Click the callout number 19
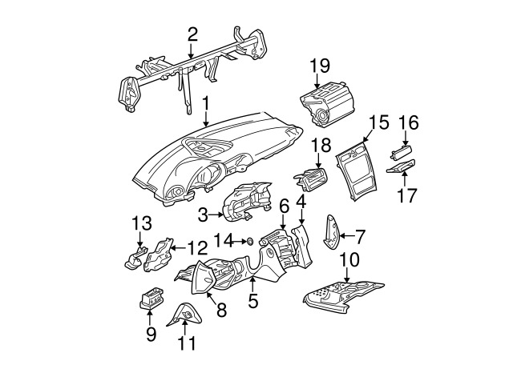pyautogui.click(x=320, y=66)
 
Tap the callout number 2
pyautogui.click(x=192, y=34)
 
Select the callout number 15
pyautogui.click(x=379, y=122)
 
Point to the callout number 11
pyautogui.click(x=187, y=343)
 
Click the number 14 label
pyautogui.click(x=224, y=241)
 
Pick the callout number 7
pyautogui.click(x=360, y=236)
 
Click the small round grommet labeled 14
pyautogui.click(x=249, y=242)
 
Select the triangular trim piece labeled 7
pyautogui.click(x=331, y=232)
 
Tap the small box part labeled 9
pyautogui.click(x=151, y=299)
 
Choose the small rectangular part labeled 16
pyautogui.click(x=401, y=153)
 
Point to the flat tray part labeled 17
pyautogui.click(x=401, y=166)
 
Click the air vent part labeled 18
pyautogui.click(x=310, y=178)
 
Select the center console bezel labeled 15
pyautogui.click(x=357, y=170)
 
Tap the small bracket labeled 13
pyautogui.click(x=135, y=258)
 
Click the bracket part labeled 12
pyautogui.click(x=159, y=255)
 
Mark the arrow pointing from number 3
pyautogui.click(x=217, y=215)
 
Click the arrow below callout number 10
pyautogui.click(x=346, y=275)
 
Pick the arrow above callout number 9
pyautogui.click(x=150, y=319)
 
